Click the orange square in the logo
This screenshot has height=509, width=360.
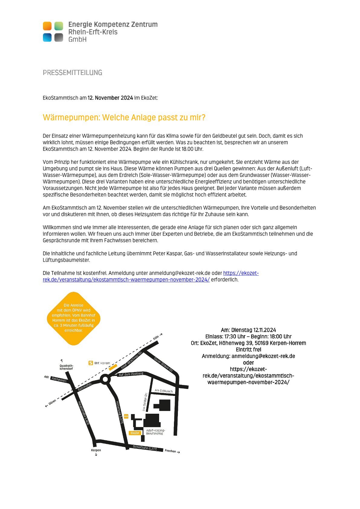pos(47,26)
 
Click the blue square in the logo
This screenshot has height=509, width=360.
pos(47,37)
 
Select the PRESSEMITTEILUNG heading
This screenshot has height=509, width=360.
pos(72,73)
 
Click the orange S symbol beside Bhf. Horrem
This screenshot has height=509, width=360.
pos(91,363)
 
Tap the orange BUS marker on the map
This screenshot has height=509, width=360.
pos(126,416)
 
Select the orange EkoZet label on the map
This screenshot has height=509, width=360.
pos(135,433)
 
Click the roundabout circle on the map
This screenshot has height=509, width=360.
pos(105,379)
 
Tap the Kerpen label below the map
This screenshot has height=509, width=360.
pos(96,450)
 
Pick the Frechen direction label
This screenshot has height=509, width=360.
pos(170,451)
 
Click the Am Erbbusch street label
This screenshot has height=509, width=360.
pos(164,391)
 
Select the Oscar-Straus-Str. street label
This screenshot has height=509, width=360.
pos(163,364)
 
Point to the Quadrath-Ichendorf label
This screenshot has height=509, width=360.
pos(66,367)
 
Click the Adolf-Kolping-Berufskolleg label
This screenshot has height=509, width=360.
pos(155,432)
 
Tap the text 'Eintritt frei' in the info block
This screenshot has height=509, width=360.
pos(248,350)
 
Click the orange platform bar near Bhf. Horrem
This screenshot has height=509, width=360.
pos(113,367)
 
